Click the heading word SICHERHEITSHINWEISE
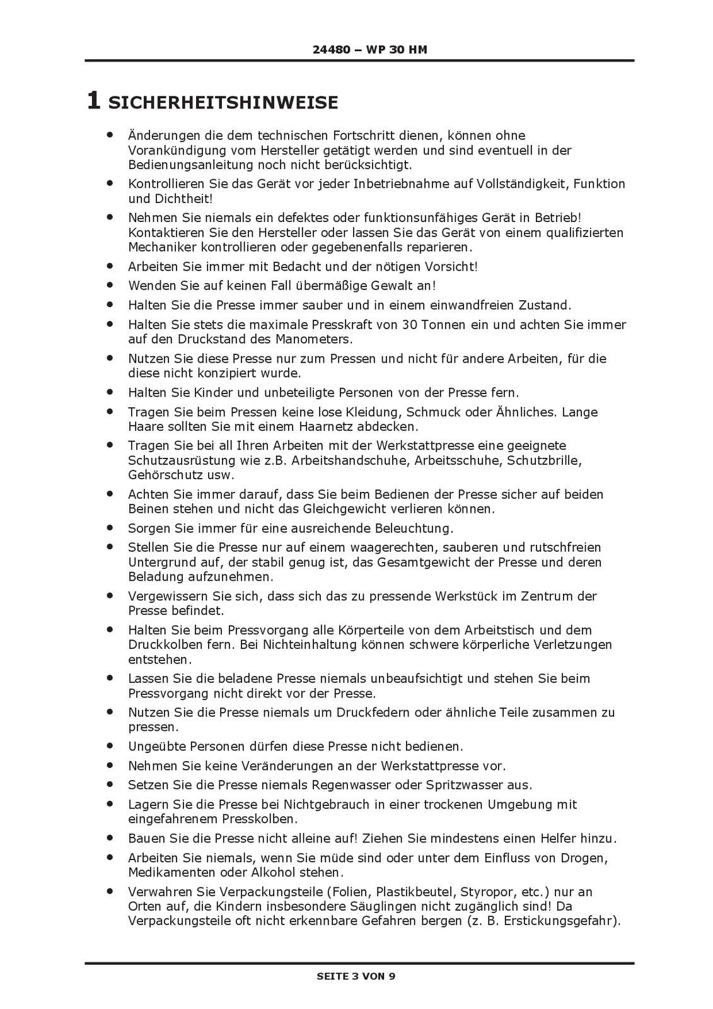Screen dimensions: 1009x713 click(223, 102)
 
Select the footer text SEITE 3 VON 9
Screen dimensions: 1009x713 click(356, 976)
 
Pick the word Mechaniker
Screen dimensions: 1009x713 click(162, 247)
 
